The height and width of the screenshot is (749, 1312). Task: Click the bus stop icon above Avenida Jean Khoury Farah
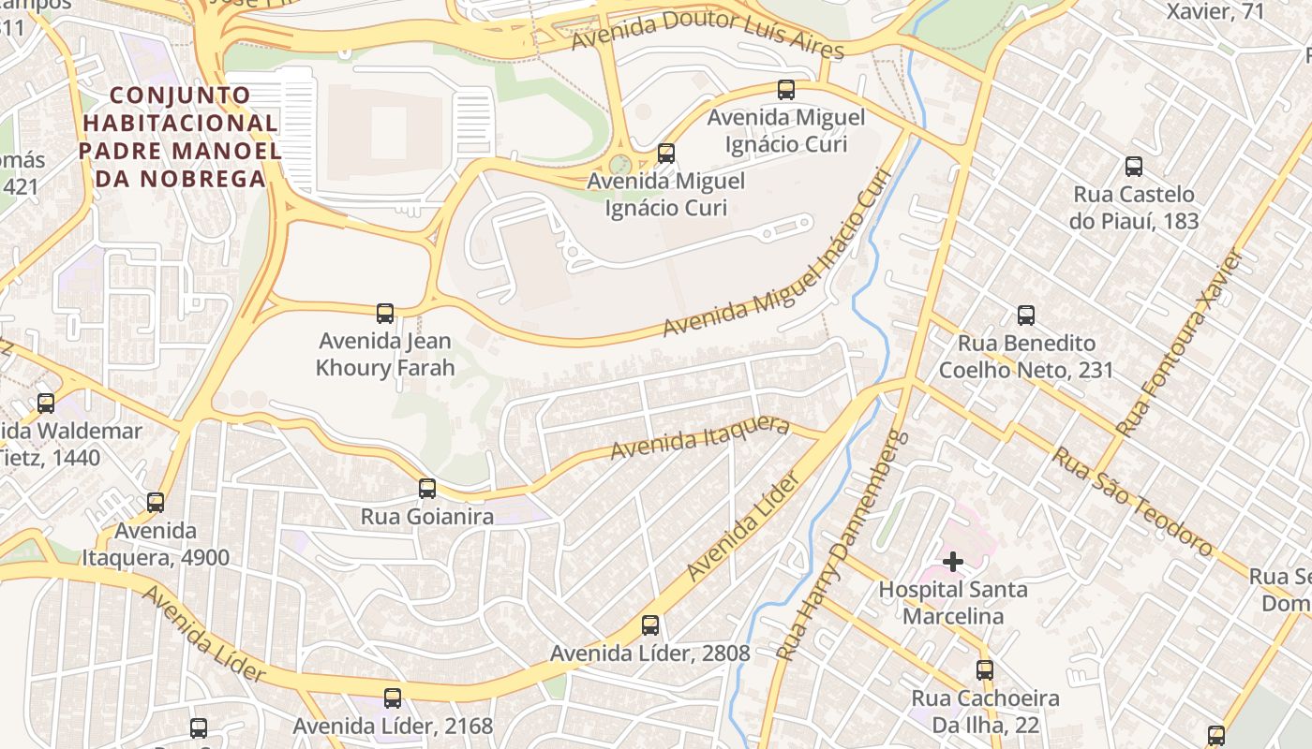coord(384,313)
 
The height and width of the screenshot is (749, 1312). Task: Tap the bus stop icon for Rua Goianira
coord(427,488)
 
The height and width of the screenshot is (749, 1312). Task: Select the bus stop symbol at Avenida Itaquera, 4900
coord(156,503)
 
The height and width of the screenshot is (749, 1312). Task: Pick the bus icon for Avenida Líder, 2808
coord(649,625)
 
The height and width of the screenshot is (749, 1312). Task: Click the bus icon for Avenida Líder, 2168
coord(393,698)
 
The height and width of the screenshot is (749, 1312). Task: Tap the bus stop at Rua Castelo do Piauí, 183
coord(1134,167)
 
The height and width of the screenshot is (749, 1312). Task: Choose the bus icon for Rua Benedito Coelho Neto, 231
coord(1026,316)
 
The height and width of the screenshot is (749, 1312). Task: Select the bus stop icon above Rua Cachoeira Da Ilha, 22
coord(985,670)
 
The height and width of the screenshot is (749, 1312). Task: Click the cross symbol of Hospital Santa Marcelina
coord(953,562)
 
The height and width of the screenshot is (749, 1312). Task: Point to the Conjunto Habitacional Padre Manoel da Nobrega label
coord(179,137)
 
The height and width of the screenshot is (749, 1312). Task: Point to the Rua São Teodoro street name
coord(1132,501)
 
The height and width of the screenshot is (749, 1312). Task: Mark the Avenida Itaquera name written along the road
coord(700,436)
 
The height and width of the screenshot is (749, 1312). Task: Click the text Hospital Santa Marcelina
coord(953,603)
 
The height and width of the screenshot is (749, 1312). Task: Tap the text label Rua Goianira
coord(427,517)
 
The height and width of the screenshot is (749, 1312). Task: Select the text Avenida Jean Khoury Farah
coord(384,355)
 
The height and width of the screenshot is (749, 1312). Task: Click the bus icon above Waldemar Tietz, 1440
coord(46,404)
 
